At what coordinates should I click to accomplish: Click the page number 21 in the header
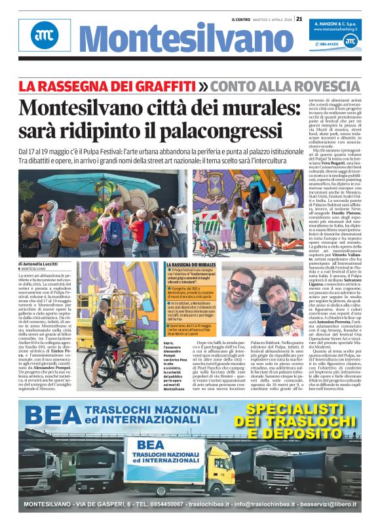click(299, 18)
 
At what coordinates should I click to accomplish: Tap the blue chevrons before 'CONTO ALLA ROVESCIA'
click(186, 86)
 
